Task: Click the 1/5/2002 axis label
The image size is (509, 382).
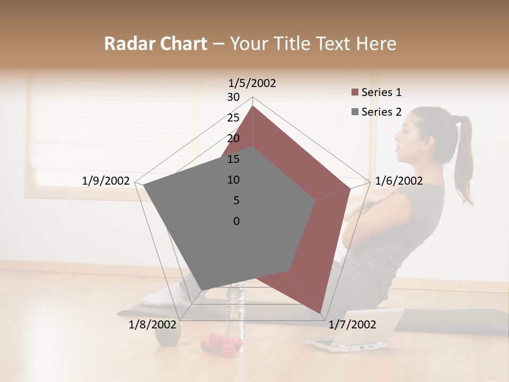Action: [x=252, y=83]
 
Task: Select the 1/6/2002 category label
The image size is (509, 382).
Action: [x=399, y=181]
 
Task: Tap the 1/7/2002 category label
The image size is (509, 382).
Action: [x=352, y=325]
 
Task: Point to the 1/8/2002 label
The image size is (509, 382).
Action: [x=152, y=325]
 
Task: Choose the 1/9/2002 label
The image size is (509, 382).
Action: [x=106, y=181]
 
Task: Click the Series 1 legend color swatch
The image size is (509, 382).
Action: [x=355, y=93]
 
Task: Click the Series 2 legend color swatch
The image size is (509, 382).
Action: [x=355, y=112]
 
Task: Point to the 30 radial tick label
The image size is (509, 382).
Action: [x=233, y=97]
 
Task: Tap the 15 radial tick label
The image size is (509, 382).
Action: [x=233, y=159]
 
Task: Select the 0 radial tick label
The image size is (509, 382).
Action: [x=236, y=221]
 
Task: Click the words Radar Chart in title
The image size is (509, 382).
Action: [x=155, y=44]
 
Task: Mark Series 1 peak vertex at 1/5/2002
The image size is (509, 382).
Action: [x=253, y=106]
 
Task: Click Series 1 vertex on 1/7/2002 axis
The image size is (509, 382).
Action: [x=320, y=313]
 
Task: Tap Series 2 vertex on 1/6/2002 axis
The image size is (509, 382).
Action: [x=315, y=200]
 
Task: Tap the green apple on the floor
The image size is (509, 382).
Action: [x=168, y=333]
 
